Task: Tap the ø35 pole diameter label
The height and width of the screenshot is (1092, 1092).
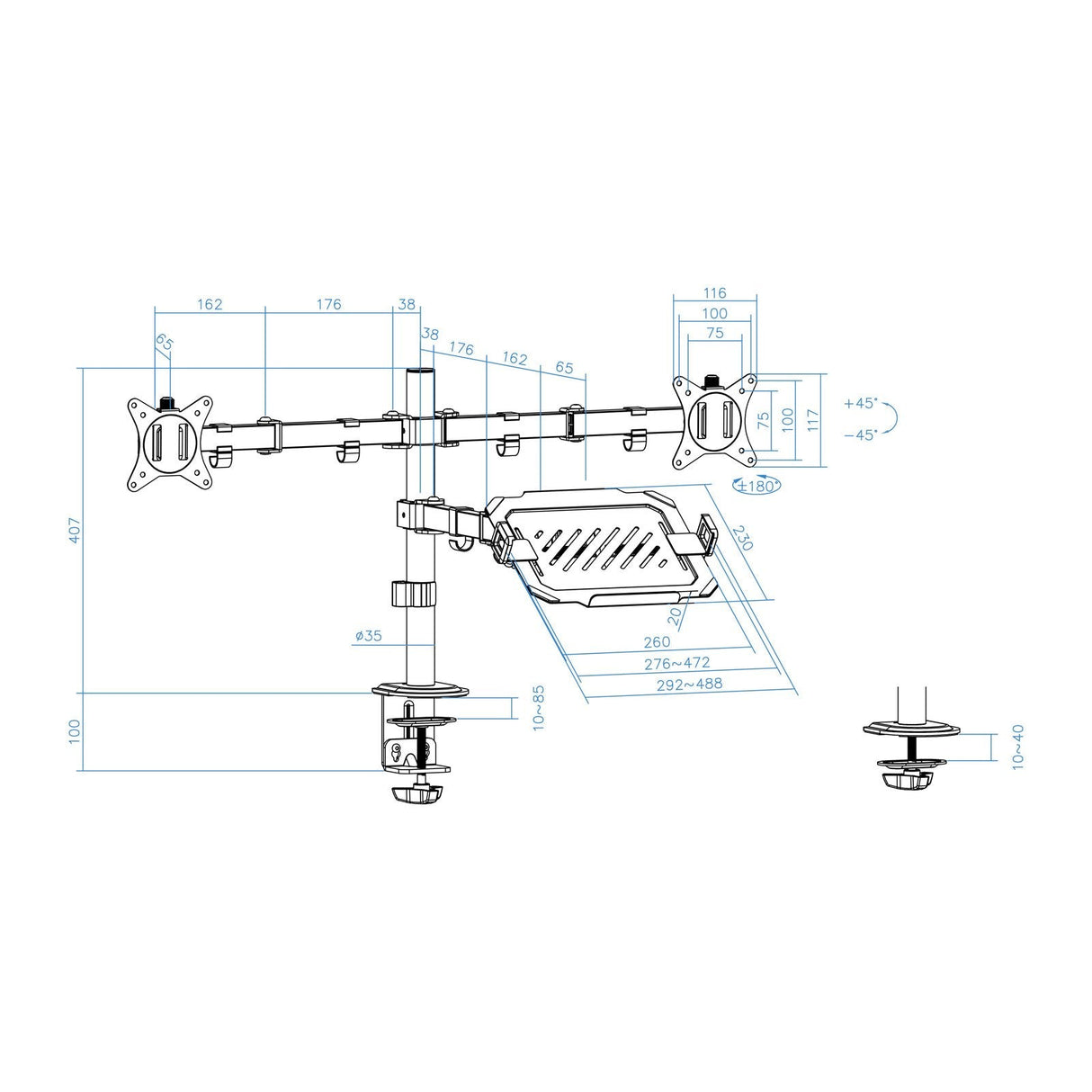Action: coord(368,636)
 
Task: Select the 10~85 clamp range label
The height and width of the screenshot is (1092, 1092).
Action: coord(538,708)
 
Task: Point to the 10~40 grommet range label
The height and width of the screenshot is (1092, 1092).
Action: coord(1017,746)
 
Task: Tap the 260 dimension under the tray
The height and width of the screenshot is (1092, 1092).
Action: coord(657,642)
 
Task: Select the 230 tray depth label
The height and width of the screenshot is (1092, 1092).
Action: coord(742,538)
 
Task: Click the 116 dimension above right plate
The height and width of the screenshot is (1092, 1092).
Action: coord(715,293)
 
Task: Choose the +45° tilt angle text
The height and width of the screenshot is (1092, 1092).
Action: coord(861,404)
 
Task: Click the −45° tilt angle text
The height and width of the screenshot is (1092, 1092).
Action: coord(861,434)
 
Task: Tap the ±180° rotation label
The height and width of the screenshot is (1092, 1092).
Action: coord(757,487)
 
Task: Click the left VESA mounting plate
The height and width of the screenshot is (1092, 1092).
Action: coord(170,444)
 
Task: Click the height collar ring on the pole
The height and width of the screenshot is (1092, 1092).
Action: coord(414,594)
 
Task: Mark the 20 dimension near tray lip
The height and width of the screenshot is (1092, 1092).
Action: coord(676,614)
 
